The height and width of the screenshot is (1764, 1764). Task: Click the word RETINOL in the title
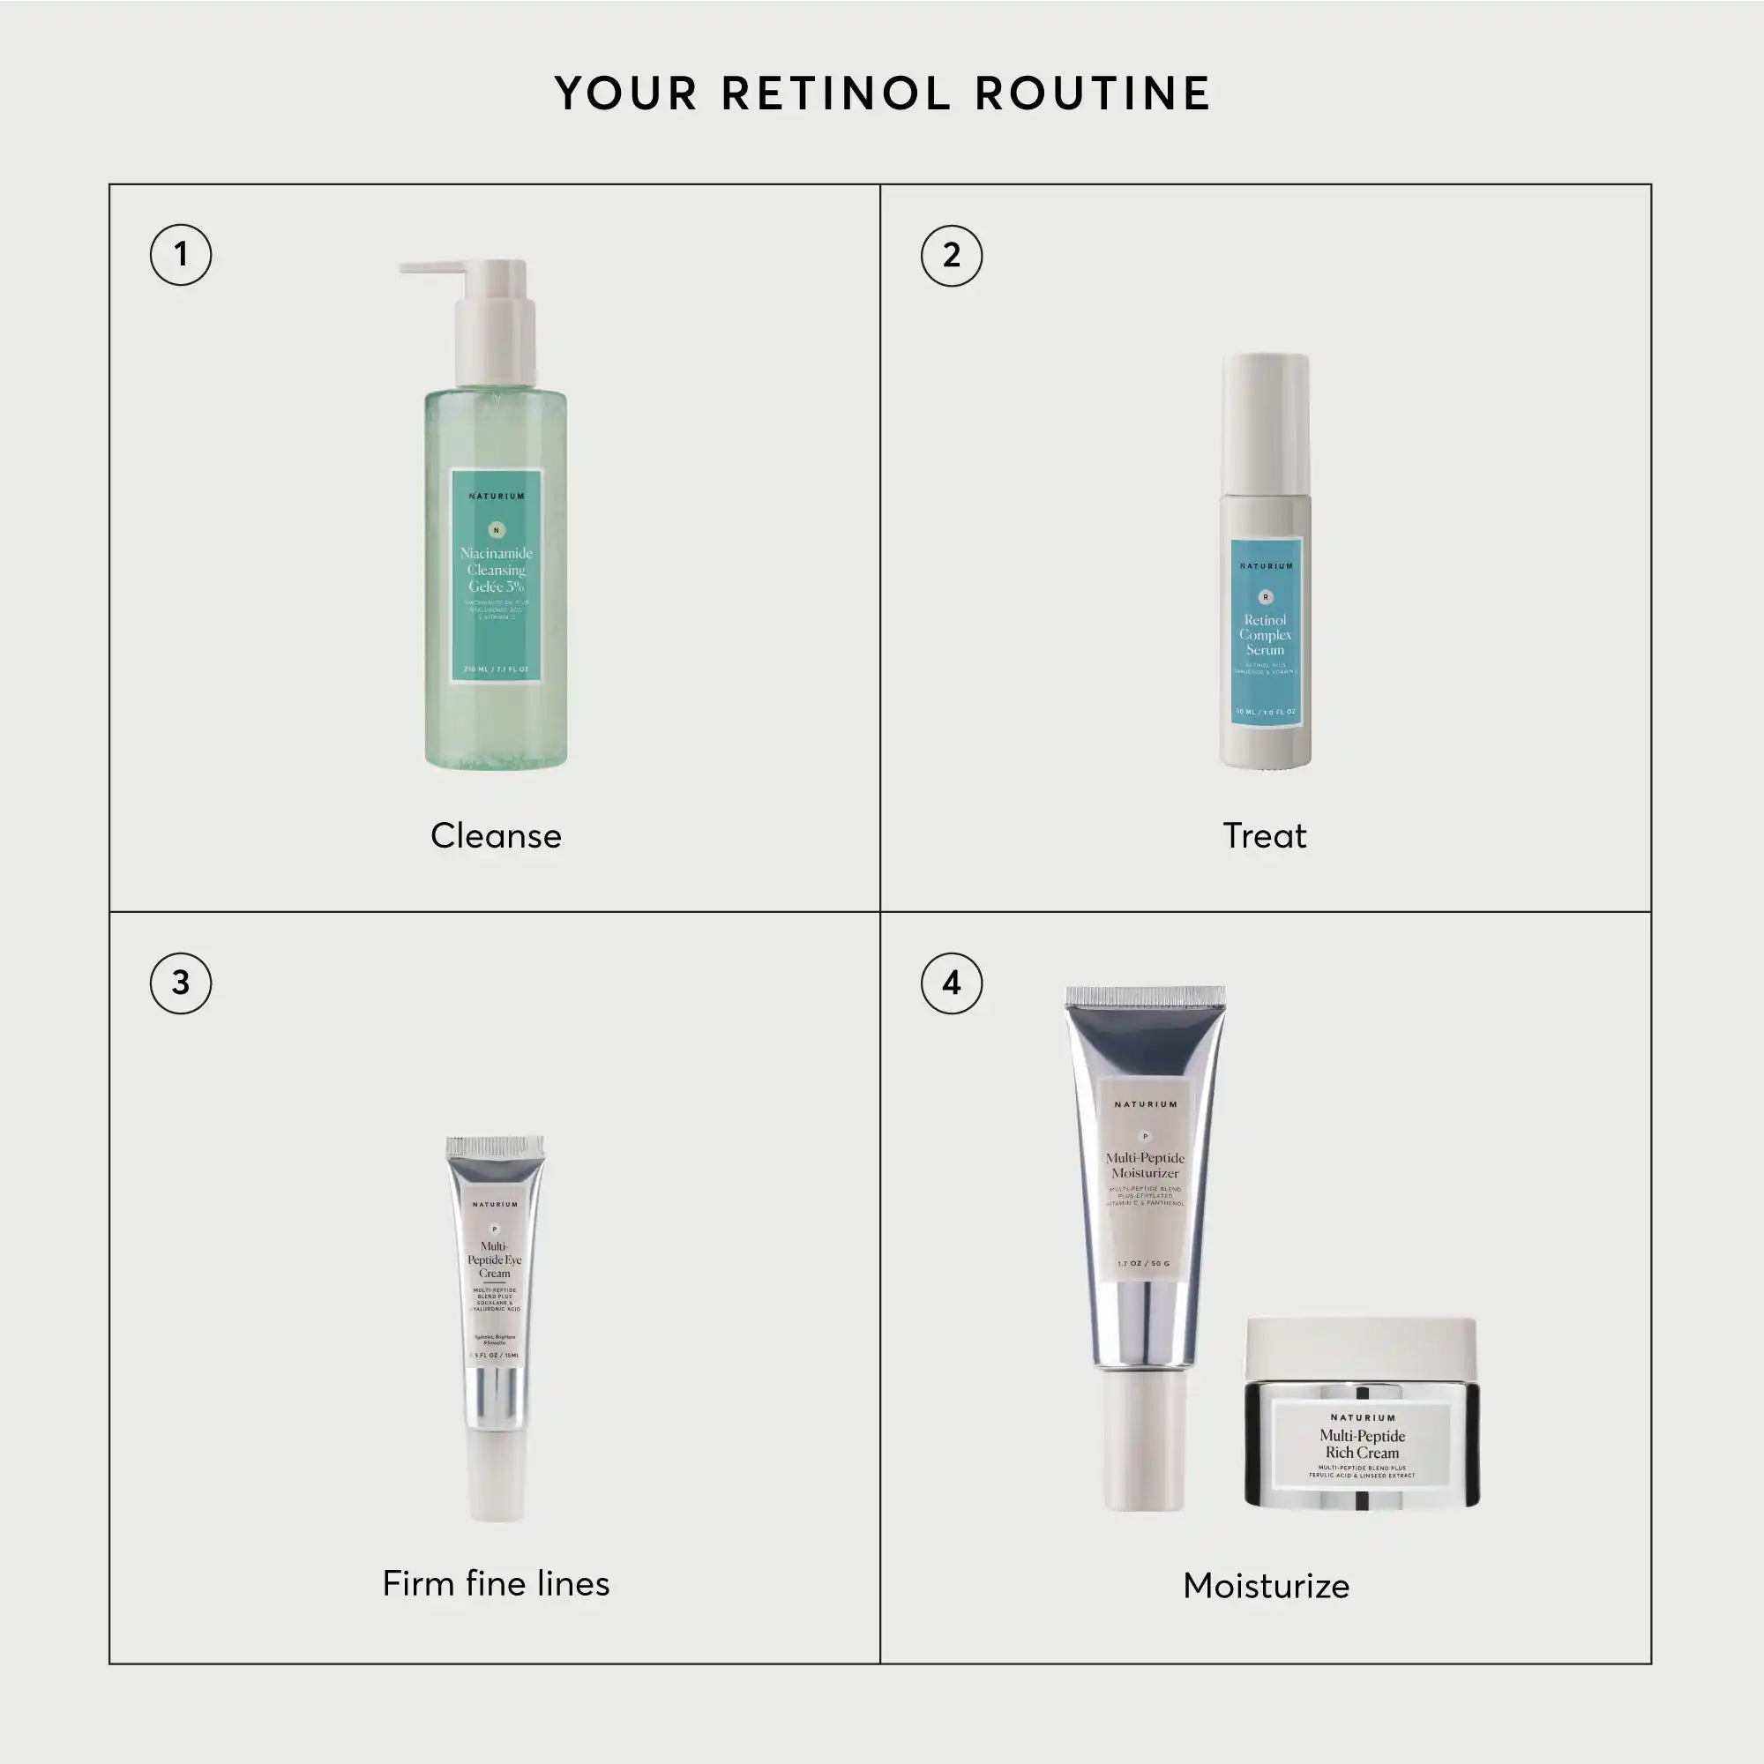pos(836,94)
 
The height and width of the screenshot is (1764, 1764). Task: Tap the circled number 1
pos(181,255)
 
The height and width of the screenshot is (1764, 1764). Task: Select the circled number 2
pos(952,256)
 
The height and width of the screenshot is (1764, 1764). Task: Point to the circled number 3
pos(181,983)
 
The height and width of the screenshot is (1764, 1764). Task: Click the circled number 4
pos(952,983)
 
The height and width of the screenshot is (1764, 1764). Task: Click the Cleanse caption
pos(496,835)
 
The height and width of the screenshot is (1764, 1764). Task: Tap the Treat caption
pos(1265,835)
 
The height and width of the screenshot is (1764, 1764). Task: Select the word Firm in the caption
pos(417,1584)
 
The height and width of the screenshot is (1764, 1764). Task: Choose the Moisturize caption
pos(1266,1586)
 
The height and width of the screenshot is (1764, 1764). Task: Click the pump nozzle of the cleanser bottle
pos(434,267)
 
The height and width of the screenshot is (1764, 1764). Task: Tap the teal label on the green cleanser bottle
pos(496,575)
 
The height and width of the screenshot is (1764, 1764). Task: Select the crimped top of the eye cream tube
pos(495,1147)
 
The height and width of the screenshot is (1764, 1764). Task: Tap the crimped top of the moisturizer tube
pos(1145,996)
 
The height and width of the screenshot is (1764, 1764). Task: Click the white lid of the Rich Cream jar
pos(1361,1349)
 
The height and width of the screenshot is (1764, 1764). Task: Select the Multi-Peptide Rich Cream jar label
pos(1361,1446)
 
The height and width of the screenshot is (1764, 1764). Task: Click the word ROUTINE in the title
pos(1092,94)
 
